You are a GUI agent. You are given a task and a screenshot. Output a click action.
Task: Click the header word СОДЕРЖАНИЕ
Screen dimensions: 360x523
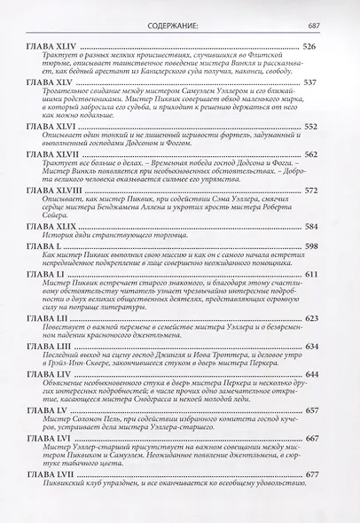coord(180,12)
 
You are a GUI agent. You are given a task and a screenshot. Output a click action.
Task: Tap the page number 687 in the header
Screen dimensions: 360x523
coord(312,12)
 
